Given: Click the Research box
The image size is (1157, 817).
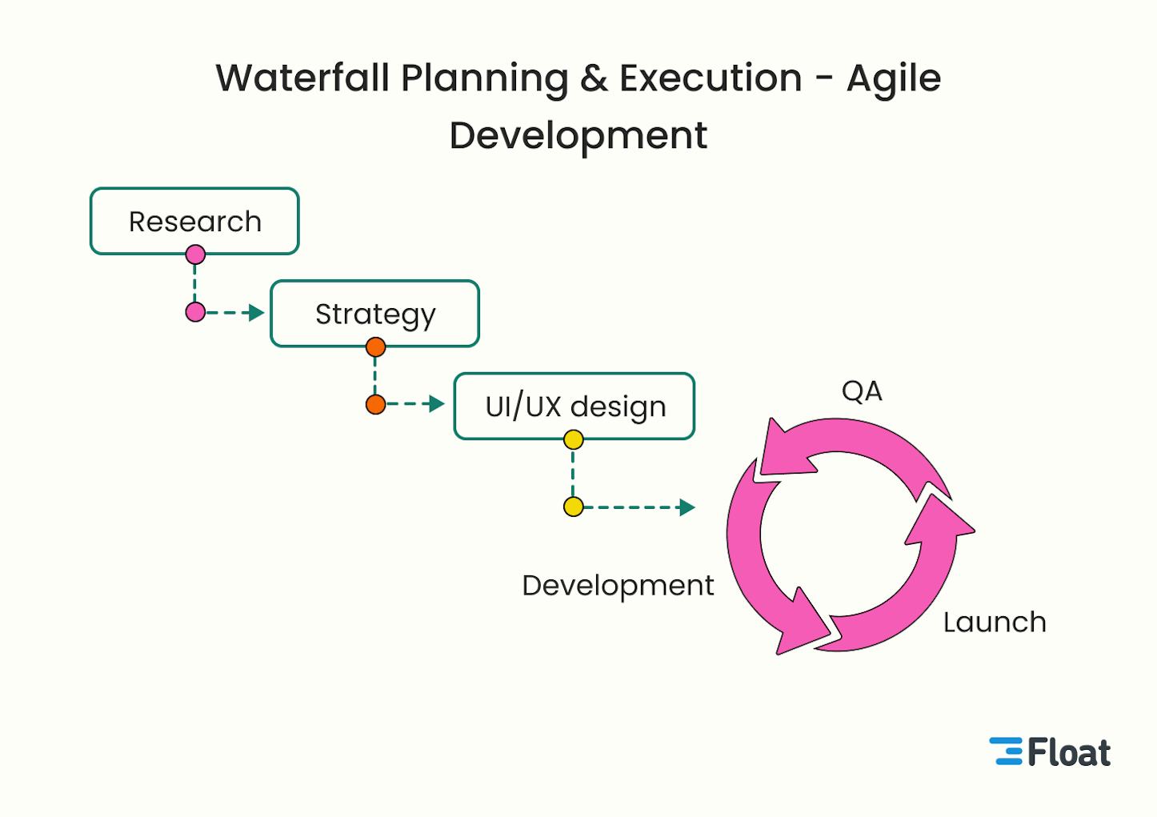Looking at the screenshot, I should (x=194, y=221).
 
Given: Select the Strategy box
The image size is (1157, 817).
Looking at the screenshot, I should (x=374, y=314).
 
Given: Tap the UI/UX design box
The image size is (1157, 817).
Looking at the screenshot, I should (x=574, y=406).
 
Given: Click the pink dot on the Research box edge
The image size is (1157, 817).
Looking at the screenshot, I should (x=195, y=254).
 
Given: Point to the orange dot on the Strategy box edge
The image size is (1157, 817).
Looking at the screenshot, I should (x=375, y=346).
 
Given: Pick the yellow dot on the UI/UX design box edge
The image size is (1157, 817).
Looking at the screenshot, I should (x=573, y=439).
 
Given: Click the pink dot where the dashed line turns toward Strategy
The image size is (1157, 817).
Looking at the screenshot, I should (x=195, y=312).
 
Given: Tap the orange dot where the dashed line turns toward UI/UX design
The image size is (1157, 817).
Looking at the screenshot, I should (x=375, y=404).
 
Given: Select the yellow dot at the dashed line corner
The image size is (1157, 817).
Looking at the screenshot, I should (x=573, y=507).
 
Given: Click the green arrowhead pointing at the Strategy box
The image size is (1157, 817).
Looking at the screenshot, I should (x=256, y=312).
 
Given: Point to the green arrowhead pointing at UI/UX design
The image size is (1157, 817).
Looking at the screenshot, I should (x=436, y=404).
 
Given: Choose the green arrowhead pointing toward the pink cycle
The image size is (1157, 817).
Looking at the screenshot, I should (x=687, y=507).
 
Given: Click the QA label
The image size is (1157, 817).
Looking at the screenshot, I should (x=862, y=391).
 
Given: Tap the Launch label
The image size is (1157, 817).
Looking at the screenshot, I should (x=995, y=622).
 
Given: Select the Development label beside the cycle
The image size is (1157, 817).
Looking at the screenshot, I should (x=618, y=585).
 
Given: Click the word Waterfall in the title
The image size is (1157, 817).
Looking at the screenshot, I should (x=302, y=78).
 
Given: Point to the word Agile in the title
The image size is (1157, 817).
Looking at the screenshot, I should (x=894, y=79).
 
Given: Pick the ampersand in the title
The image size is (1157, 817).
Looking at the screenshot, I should (x=595, y=78).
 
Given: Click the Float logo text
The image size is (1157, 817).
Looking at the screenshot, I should (x=1069, y=752).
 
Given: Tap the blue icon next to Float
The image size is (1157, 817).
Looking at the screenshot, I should (x=1007, y=751).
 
